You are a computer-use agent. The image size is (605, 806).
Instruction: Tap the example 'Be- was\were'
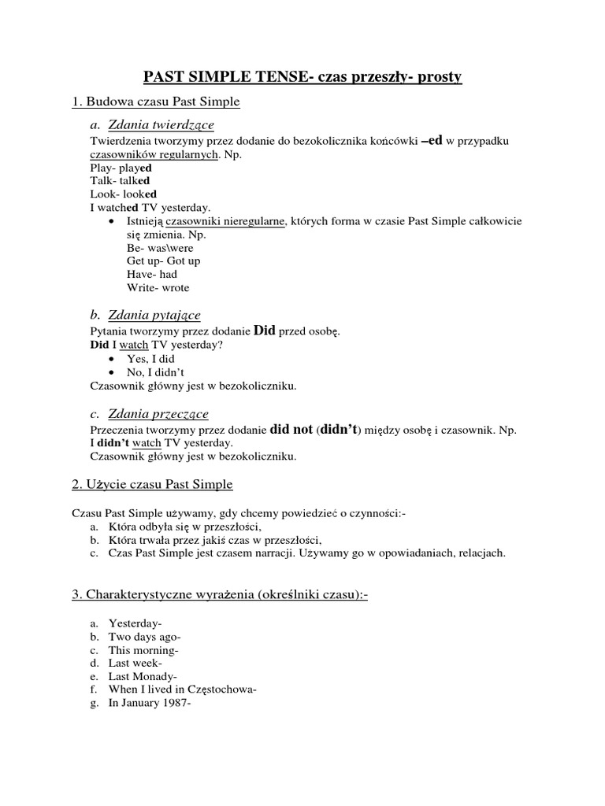pyautogui.click(x=160, y=247)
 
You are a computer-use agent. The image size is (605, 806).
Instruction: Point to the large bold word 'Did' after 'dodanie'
pyautogui.click(x=264, y=331)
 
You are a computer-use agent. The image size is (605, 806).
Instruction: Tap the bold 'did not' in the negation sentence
pyautogui.click(x=291, y=430)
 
